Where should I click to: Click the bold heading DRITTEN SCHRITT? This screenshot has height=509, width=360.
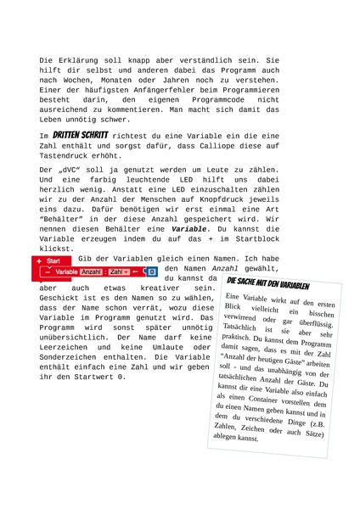(79, 135)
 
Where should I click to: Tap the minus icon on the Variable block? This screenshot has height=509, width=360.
(48, 271)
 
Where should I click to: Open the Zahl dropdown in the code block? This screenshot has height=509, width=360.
(119, 271)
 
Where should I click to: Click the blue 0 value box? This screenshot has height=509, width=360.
(152, 271)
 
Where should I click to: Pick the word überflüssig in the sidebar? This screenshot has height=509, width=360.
(314, 325)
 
